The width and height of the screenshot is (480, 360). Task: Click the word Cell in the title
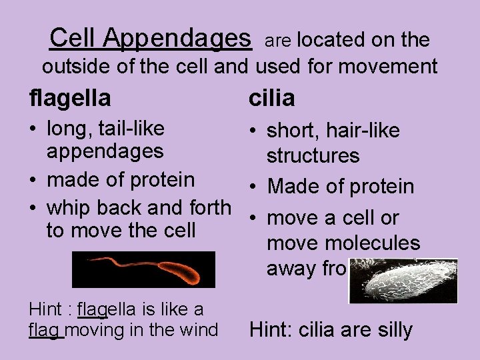point(74,38)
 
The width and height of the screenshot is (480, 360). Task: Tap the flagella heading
point(70,99)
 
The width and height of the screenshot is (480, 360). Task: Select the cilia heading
point(271,99)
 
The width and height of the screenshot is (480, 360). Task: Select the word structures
point(313,157)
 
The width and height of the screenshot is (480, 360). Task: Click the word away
point(291,268)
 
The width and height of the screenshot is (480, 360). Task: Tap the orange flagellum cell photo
point(143,269)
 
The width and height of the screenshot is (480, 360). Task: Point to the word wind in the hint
point(204,329)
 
